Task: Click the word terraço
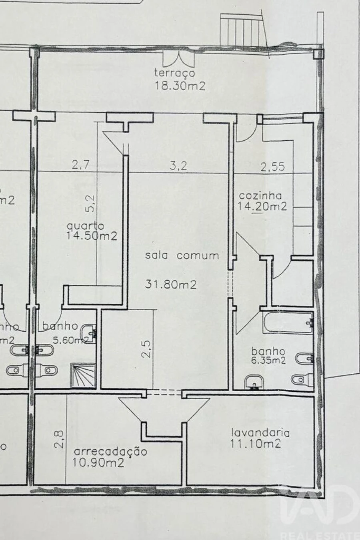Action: coord(175,73)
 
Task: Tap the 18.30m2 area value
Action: coord(180,86)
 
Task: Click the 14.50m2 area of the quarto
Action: coord(92,236)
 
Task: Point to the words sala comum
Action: coord(182,256)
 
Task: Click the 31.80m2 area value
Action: coord(171,285)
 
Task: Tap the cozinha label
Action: coord(260,196)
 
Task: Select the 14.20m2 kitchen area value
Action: coord(262,206)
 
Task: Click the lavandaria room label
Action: coord(260,432)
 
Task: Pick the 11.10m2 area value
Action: coord(255,443)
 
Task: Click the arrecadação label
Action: coord(111,452)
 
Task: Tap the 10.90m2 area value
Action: coord(98,463)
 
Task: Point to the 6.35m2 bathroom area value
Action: coord(268,360)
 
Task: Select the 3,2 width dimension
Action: coord(178,166)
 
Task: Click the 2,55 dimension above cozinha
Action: coord(273,166)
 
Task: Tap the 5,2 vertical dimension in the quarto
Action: coord(91,203)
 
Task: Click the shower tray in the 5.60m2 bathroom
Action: coord(83,375)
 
